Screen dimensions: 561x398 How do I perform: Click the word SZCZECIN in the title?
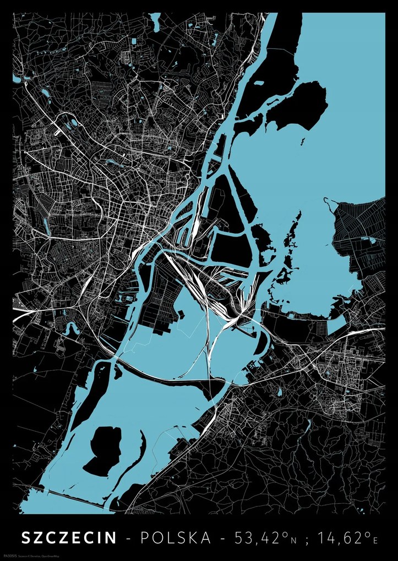click(69, 537)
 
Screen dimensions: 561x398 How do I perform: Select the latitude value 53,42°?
click(258, 537)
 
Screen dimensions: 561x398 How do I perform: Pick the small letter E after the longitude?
click(376, 540)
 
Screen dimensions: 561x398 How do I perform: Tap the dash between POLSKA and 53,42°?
click(223, 538)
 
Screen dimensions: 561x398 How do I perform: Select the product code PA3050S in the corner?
click(25, 553)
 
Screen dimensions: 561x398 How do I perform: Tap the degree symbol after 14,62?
click(368, 533)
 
